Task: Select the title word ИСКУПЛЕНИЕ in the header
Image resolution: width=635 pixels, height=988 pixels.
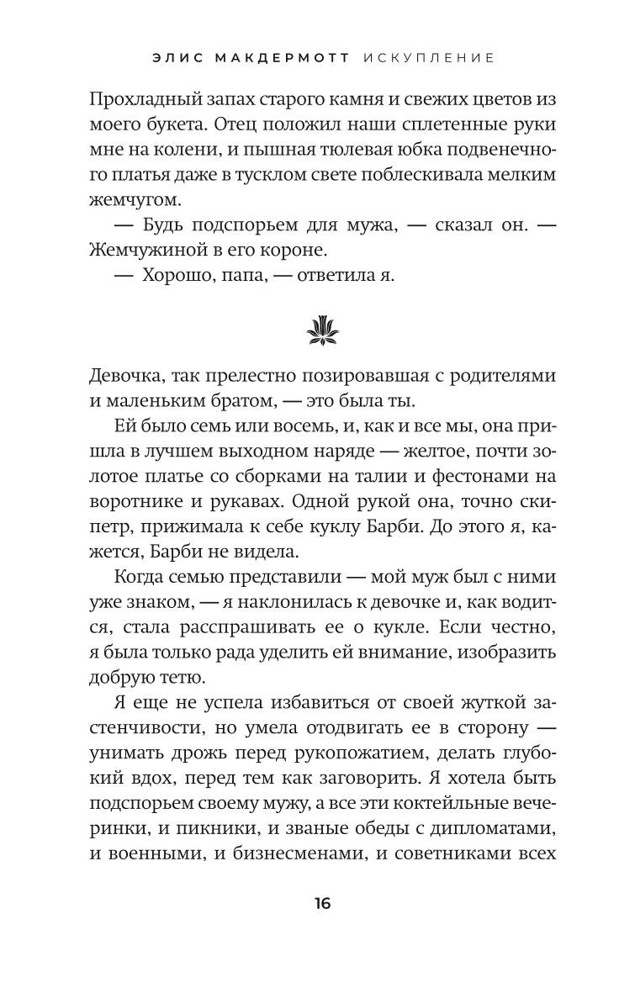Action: click(429, 58)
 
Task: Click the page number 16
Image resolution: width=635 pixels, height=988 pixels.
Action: click(323, 905)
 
